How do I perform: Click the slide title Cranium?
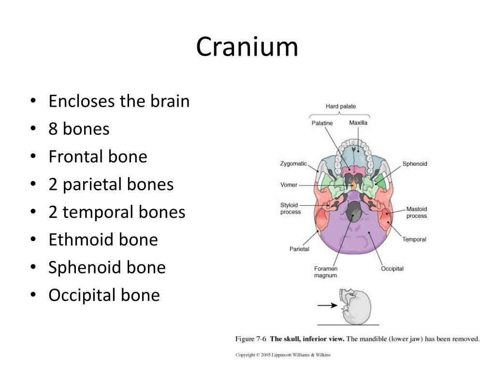[x=247, y=47]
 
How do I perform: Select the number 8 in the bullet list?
[x=53, y=129]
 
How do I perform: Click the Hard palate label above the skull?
[x=341, y=106]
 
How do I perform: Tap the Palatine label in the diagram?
[x=322, y=123]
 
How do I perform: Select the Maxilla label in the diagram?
[x=358, y=123]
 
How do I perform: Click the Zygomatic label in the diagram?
[x=293, y=164]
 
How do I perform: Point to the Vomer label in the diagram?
[x=289, y=185]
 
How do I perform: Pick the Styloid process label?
[x=291, y=208]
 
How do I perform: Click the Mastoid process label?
[x=416, y=213]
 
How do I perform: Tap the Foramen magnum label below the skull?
[x=325, y=272]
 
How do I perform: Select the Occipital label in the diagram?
[x=392, y=269]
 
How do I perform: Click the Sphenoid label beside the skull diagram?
[x=415, y=164]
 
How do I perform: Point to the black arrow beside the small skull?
[x=327, y=305]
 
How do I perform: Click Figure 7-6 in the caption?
[x=251, y=339]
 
